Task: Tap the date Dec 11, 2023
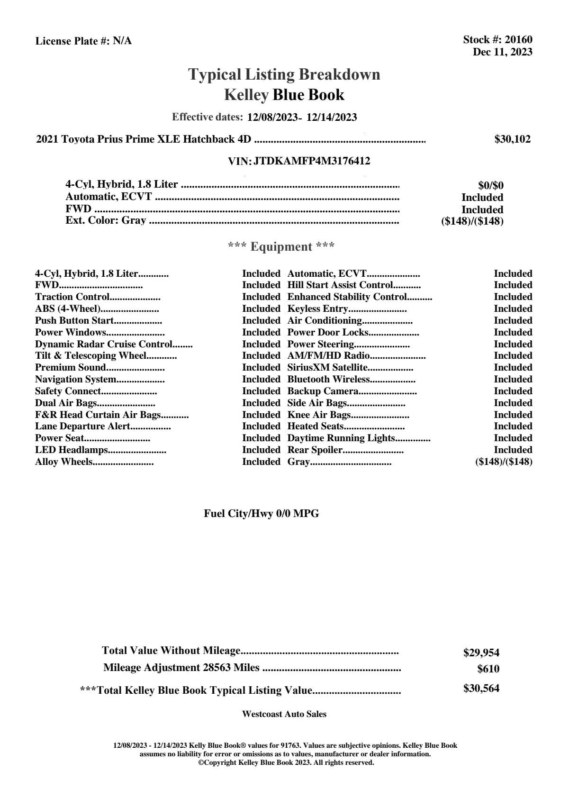click(502, 52)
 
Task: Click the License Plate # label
click(72, 41)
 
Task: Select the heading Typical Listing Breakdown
click(284, 74)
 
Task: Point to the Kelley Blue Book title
click(284, 95)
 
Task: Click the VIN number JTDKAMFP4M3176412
click(312, 161)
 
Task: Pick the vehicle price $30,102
click(513, 139)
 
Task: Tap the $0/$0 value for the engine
click(491, 186)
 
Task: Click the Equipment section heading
click(281, 247)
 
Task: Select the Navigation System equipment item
click(76, 380)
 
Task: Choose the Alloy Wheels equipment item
click(64, 462)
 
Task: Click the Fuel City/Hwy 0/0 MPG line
click(262, 514)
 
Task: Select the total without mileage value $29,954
click(481, 653)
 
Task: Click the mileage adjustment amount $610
click(488, 669)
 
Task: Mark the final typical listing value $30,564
click(481, 689)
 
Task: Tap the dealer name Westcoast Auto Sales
click(284, 714)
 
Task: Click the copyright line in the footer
click(286, 762)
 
